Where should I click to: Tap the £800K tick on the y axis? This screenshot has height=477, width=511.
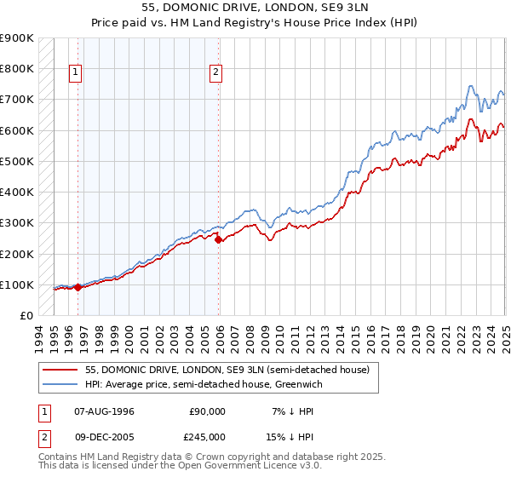coord(18,69)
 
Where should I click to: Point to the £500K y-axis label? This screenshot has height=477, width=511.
coord(18,161)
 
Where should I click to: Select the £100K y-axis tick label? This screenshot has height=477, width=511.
coord(18,284)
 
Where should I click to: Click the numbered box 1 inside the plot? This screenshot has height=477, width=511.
coord(76,73)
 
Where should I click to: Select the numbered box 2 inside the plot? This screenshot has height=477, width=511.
coord(216,73)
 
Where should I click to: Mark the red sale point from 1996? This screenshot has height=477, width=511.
coord(78,287)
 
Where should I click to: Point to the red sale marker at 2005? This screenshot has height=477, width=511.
coord(218,240)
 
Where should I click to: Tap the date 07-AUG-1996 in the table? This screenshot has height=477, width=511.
coord(104,411)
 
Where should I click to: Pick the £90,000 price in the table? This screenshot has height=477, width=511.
coord(206,411)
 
